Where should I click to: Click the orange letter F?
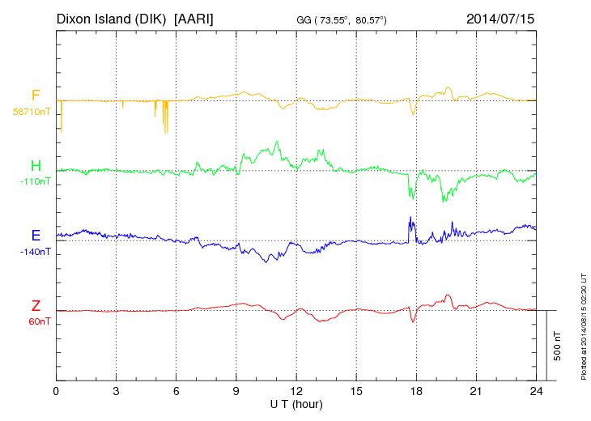click(x=36, y=96)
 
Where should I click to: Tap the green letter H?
click(x=36, y=166)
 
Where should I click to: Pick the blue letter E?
click(x=36, y=236)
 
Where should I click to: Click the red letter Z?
click(x=36, y=305)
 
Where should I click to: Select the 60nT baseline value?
click(x=37, y=321)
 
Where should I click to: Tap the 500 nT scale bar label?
click(x=558, y=345)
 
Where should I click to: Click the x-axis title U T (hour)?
click(x=296, y=403)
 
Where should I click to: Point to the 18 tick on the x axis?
click(x=416, y=391)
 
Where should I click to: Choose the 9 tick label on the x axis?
click(x=236, y=391)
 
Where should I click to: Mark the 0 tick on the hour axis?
click(x=56, y=391)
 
